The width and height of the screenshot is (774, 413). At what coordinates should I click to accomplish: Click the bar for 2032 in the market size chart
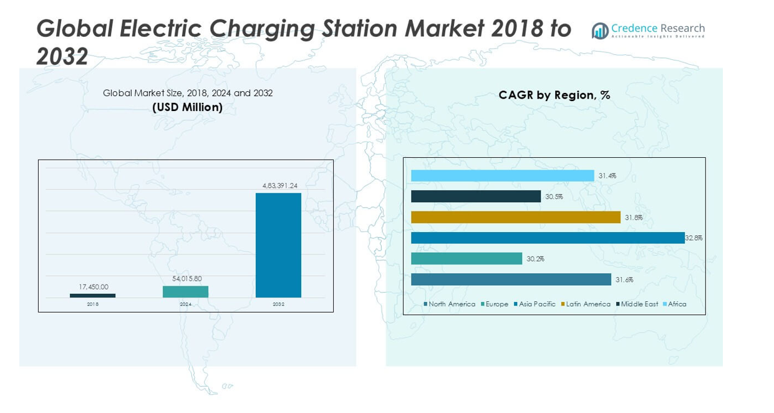(x=278, y=245)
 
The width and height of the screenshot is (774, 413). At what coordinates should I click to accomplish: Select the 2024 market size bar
(x=185, y=292)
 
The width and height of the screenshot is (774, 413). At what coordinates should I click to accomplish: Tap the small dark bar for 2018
(x=92, y=296)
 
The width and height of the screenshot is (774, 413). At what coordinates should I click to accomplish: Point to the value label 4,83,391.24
(x=278, y=185)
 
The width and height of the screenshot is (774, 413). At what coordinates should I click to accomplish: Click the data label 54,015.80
(x=187, y=278)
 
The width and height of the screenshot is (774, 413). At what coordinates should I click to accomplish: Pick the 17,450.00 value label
(x=94, y=287)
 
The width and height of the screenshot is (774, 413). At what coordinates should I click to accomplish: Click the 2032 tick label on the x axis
(x=278, y=304)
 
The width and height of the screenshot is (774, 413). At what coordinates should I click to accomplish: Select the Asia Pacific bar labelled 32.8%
(x=548, y=238)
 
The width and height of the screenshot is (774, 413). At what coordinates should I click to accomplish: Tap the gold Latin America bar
(x=516, y=217)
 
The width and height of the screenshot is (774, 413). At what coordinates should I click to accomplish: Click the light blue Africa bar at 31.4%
(x=502, y=176)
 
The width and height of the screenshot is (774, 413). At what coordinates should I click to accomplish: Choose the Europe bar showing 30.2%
(x=467, y=258)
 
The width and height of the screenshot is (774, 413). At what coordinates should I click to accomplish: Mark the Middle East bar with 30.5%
(x=476, y=197)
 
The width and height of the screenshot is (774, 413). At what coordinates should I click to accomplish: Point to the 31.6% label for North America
(x=624, y=279)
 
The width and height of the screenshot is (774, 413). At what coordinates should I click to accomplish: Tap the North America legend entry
(x=452, y=304)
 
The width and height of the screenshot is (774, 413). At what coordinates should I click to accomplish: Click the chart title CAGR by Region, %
(x=554, y=95)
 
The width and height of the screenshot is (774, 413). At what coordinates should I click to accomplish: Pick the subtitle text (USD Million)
(x=187, y=107)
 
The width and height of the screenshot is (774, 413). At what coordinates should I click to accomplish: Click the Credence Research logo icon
(x=600, y=31)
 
